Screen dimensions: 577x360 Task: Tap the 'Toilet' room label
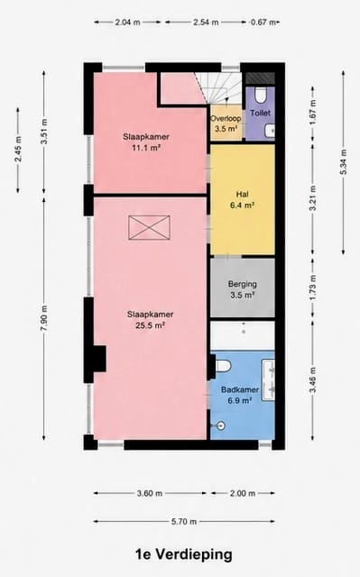click(x=260, y=114)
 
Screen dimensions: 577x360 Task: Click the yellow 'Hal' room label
click(x=242, y=194)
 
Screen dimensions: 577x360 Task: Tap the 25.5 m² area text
click(x=150, y=325)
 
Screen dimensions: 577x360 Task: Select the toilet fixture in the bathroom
click(x=223, y=365)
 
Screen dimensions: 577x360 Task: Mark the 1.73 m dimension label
click(x=312, y=287)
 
